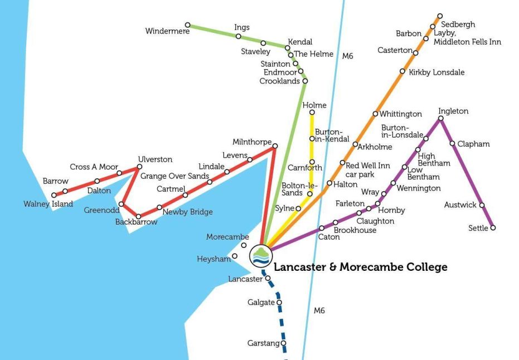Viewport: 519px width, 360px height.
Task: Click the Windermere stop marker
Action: (x=188, y=25)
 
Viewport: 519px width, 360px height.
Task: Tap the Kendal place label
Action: (x=300, y=42)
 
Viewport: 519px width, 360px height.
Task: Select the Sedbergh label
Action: (x=458, y=25)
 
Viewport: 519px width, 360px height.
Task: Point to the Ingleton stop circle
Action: (x=441, y=118)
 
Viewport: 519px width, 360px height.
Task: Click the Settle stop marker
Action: (x=493, y=227)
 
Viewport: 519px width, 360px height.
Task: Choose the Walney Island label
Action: (x=48, y=204)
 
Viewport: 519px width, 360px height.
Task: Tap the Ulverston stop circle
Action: (x=139, y=167)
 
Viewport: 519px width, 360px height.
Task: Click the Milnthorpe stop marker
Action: (x=274, y=146)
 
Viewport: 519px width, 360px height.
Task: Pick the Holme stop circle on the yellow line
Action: (x=312, y=113)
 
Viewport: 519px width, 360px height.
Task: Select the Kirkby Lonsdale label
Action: (x=436, y=72)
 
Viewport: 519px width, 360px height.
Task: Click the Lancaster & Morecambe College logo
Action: (x=260, y=255)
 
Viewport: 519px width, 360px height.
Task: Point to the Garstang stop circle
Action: (x=284, y=343)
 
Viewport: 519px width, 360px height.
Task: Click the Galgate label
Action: (x=261, y=303)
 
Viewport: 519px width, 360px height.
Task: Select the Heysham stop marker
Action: (x=235, y=256)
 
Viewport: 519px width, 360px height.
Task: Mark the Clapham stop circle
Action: (x=452, y=143)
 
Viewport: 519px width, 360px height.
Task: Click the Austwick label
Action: (x=460, y=205)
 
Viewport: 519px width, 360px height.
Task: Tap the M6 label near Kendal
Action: (x=348, y=56)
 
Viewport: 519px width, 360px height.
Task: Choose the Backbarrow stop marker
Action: (x=139, y=216)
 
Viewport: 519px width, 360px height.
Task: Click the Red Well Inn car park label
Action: (x=368, y=170)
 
